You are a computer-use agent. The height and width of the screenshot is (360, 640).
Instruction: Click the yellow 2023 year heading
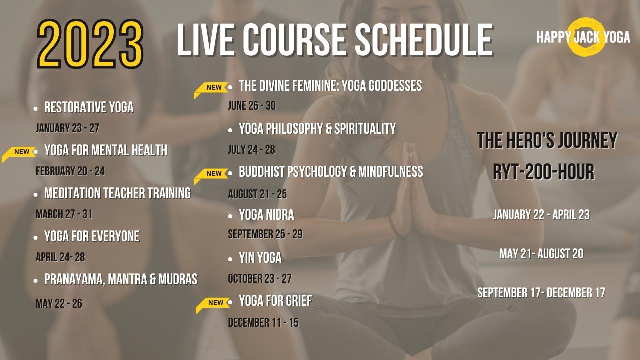pyautogui.click(x=90, y=44)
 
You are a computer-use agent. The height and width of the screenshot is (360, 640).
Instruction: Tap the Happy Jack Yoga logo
pyautogui.click(x=583, y=37)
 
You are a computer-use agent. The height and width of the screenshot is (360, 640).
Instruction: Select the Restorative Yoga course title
pyautogui.click(x=89, y=107)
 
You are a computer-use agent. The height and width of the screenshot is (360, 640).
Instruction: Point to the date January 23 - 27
pyautogui.click(x=67, y=128)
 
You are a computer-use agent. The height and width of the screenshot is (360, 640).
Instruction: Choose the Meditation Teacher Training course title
pyautogui.click(x=117, y=193)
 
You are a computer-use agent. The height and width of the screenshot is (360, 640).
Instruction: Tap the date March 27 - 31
pyautogui.click(x=64, y=214)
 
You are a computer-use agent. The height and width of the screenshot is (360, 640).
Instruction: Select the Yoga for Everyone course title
pyautogui.click(x=92, y=236)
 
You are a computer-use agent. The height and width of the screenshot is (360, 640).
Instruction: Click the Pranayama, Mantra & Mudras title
pyautogui.click(x=121, y=279)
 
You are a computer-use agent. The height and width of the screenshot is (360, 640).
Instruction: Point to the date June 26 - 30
pyautogui.click(x=252, y=106)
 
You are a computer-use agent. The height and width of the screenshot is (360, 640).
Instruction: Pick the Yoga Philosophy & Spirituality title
pyautogui.click(x=317, y=129)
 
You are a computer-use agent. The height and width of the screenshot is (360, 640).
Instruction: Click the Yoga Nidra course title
pyautogui.click(x=267, y=215)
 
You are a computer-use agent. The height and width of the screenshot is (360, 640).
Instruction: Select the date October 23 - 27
pyautogui.click(x=260, y=279)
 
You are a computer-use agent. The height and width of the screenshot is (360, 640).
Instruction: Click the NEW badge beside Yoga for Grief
pyautogui.click(x=213, y=305)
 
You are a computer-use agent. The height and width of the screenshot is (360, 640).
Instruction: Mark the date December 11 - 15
pyautogui.click(x=263, y=323)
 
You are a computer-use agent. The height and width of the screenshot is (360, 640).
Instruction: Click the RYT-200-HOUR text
pyautogui.click(x=544, y=172)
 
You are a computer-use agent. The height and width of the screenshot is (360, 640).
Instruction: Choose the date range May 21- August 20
pyautogui.click(x=541, y=254)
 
